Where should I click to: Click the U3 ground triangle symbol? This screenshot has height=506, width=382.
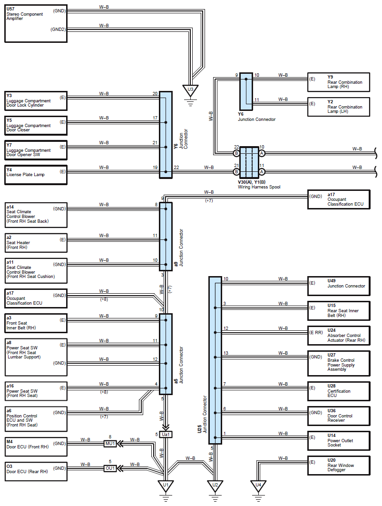[x=190, y=90]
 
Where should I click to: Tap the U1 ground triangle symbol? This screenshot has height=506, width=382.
[x=166, y=486]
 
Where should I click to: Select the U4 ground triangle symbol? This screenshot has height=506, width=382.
[x=258, y=486]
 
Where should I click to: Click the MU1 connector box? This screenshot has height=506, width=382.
[x=110, y=444]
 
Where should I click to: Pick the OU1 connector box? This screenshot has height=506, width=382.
[x=110, y=468]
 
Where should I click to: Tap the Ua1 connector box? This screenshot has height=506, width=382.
[x=166, y=434]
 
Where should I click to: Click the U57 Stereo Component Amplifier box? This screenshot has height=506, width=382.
[x=36, y=23]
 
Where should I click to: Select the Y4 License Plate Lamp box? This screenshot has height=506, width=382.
[x=36, y=175]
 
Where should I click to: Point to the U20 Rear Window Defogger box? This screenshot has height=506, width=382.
[x=339, y=466]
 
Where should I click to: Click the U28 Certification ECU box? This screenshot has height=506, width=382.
[x=339, y=391]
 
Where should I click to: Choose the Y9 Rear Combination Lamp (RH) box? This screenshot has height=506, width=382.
[x=339, y=82]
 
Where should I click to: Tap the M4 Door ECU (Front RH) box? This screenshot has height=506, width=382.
[x=36, y=447]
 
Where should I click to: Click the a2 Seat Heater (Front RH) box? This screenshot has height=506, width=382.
[x=36, y=243]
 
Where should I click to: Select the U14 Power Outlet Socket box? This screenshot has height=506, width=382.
[x=339, y=441]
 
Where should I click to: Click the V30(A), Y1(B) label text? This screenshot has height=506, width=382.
[x=252, y=182]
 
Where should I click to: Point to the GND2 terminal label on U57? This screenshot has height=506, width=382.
[x=58, y=30]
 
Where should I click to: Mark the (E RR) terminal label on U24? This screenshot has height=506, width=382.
[x=316, y=332]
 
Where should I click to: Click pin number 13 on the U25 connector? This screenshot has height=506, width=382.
[x=226, y=353]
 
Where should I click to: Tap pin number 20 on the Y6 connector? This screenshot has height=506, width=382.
[x=155, y=94]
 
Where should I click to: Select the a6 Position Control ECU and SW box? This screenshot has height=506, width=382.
[x=36, y=419]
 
